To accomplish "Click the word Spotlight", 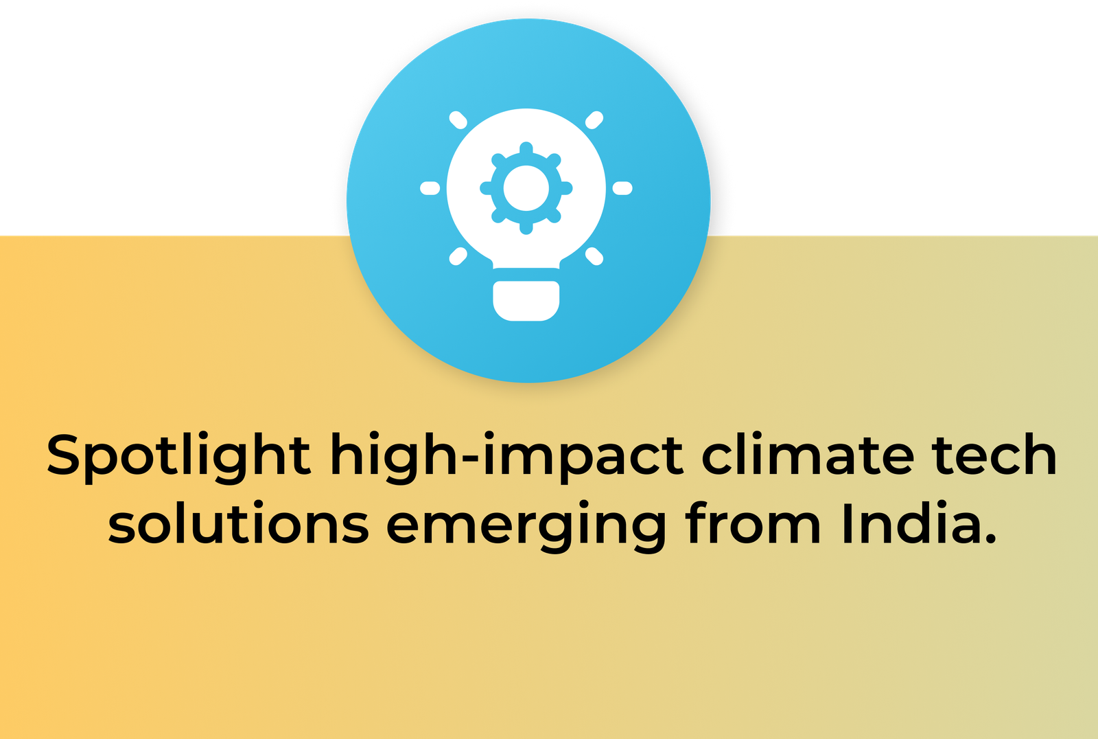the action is click(178, 457).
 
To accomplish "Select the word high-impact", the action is click(507, 457).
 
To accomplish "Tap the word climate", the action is click(808, 454).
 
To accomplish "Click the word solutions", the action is click(238, 523).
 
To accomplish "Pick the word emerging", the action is click(526, 527).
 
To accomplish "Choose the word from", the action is click(753, 523).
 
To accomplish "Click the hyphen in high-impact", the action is click(470, 459).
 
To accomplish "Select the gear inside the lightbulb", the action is click(526, 188).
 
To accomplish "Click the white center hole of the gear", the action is click(526, 188).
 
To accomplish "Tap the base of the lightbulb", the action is click(526, 301).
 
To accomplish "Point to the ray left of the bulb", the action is click(430, 188).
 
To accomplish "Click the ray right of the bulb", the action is click(622, 188).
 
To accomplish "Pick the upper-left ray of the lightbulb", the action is click(458, 120).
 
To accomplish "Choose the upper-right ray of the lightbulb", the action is click(594, 120).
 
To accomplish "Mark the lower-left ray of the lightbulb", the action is click(458, 256).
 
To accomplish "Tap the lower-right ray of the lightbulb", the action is click(594, 256).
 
